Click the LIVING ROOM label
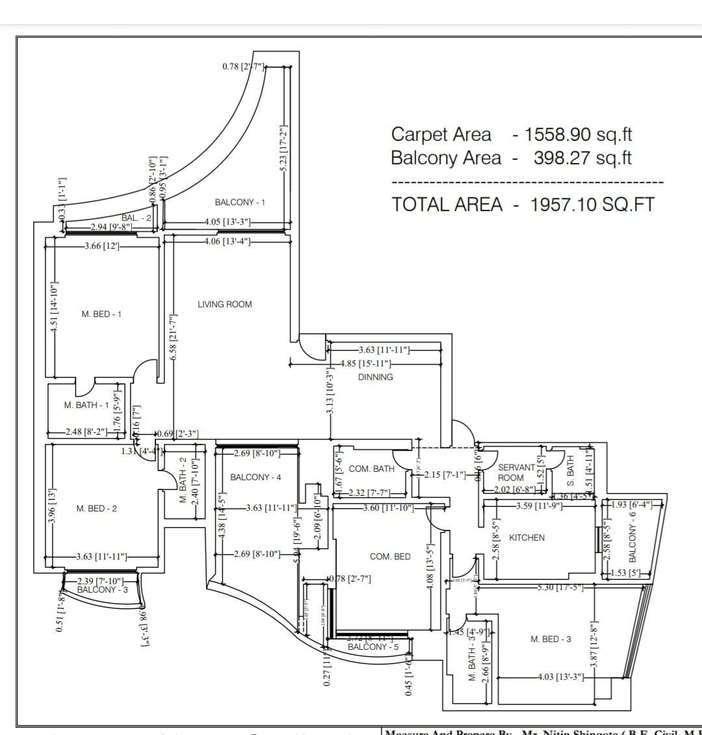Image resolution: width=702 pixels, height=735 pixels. pos(224,304)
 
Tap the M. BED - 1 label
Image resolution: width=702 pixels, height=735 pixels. pos(101,314)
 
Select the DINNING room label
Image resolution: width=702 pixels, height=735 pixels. pos(375,377)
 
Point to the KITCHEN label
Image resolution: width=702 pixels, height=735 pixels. pos(526,537)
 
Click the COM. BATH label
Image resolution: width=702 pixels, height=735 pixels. pos(372,469)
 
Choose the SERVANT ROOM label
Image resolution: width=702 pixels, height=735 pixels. pos(516,472)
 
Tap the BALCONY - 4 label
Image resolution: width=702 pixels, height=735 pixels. pos(255,477)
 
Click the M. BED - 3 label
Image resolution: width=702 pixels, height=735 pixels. pos(551,639)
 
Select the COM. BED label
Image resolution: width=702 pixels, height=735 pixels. pos(390,556)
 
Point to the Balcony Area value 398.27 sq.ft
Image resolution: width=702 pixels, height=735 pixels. pos(582,158)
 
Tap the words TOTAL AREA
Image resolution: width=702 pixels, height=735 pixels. pos(447,205)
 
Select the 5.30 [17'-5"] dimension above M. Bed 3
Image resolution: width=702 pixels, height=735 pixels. pos(560,588)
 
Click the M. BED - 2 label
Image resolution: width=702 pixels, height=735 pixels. pos(97,508)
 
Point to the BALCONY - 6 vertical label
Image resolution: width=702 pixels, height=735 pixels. pos(632,537)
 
